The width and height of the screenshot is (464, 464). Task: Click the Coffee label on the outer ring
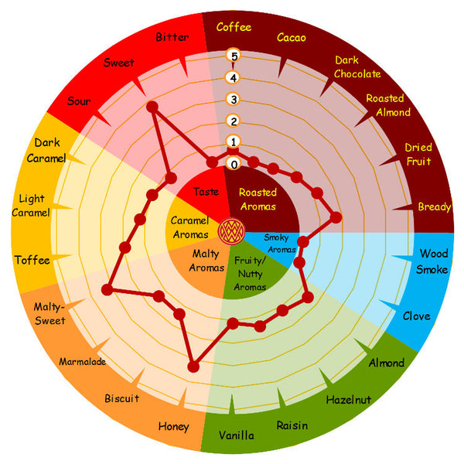click(x=234, y=27)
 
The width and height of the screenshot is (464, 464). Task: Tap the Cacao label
click(x=291, y=37)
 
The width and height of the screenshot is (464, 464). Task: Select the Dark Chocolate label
click(x=357, y=67)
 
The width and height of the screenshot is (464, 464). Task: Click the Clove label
click(x=416, y=316)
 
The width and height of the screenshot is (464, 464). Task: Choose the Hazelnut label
click(x=348, y=399)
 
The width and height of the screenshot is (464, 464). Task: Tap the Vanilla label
click(x=236, y=435)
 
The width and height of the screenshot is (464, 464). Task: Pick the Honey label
click(x=173, y=426)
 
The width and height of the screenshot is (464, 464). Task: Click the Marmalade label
click(x=83, y=361)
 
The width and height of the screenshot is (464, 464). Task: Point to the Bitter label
click(x=172, y=37)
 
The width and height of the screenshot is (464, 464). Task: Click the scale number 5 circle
click(x=234, y=55)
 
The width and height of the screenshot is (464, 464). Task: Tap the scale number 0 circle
click(x=234, y=164)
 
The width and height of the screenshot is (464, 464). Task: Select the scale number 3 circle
click(x=234, y=98)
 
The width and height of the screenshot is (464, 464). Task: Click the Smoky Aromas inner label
click(x=281, y=244)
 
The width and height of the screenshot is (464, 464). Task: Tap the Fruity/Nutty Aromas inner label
click(x=250, y=274)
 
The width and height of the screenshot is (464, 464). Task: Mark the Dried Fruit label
click(x=418, y=155)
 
